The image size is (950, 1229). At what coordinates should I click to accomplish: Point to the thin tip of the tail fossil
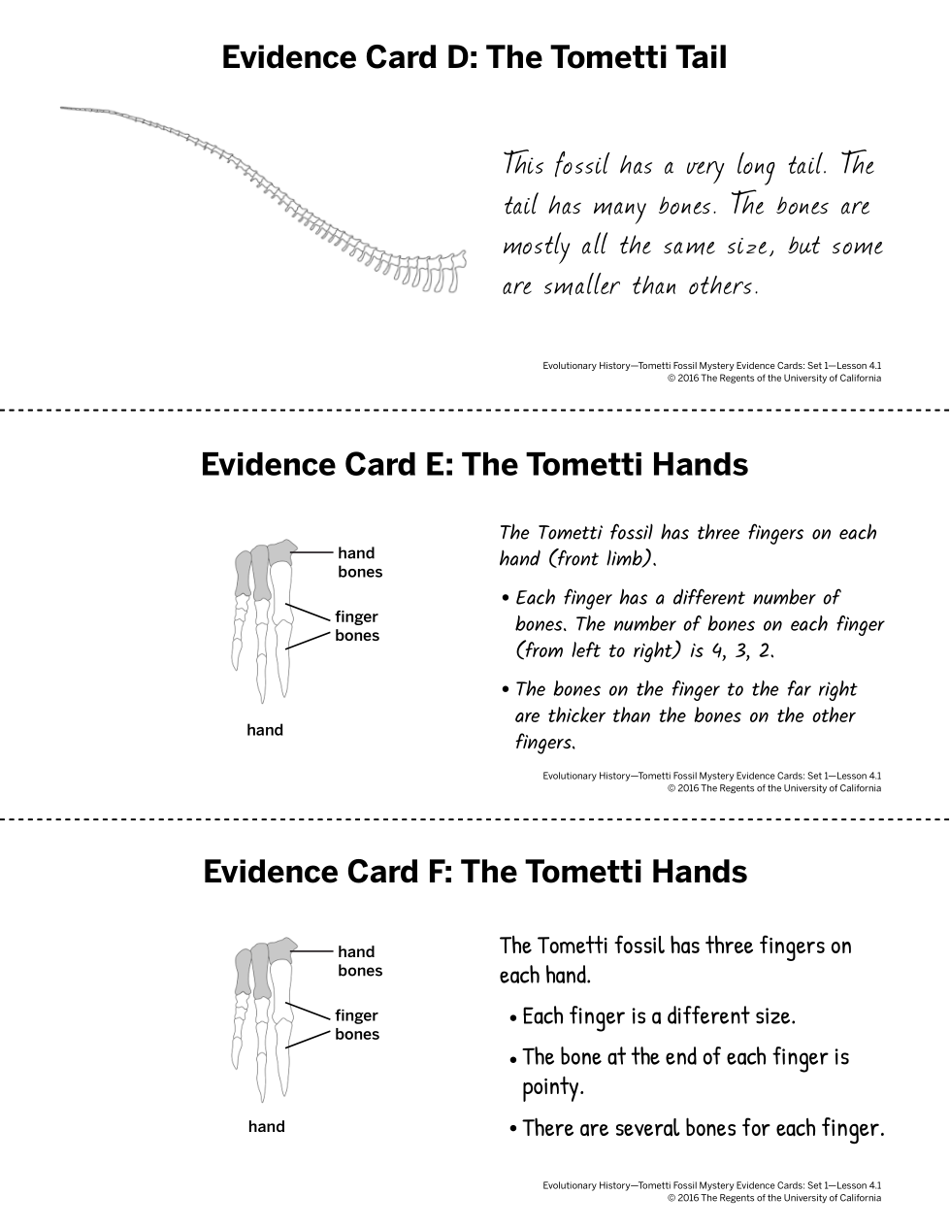[x=61, y=108]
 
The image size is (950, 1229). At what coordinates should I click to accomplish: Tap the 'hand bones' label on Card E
[x=360, y=562]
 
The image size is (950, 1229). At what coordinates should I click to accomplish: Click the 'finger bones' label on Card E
[x=356, y=625]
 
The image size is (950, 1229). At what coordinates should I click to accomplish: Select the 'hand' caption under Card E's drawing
[x=265, y=730]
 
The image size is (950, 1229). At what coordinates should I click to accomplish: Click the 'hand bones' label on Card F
[x=360, y=961]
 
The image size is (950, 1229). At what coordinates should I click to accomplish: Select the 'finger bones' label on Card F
[x=356, y=1024]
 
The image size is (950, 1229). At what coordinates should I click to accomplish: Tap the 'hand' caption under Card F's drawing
[x=266, y=1126]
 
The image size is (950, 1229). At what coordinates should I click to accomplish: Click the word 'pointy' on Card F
[x=552, y=1086]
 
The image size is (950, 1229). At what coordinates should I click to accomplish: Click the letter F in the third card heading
[x=438, y=871]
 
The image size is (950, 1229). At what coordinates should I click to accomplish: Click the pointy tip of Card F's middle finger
[x=262, y=1101]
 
